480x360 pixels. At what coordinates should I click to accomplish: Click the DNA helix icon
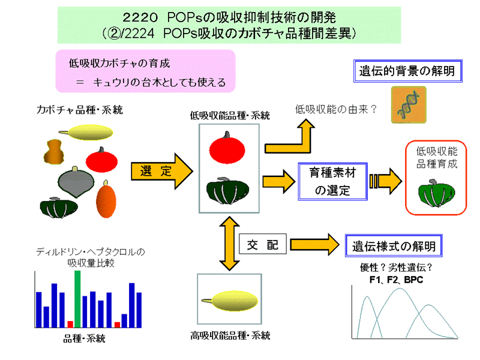409,103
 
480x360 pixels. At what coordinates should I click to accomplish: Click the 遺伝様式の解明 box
394,245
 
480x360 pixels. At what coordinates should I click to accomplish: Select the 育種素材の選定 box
332,182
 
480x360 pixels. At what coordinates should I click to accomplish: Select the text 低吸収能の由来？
336,109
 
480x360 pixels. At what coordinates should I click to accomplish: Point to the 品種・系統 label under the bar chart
84,338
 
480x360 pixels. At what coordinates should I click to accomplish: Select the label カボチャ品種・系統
70,110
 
